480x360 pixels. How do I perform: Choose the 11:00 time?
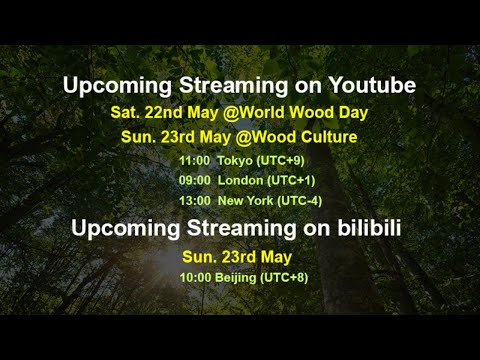[x=194, y=160]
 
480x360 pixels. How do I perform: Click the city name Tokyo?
[x=236, y=160]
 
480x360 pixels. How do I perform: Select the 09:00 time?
[x=194, y=180]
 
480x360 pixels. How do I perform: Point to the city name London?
[x=240, y=180]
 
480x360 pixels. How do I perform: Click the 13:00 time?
[x=194, y=201]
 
